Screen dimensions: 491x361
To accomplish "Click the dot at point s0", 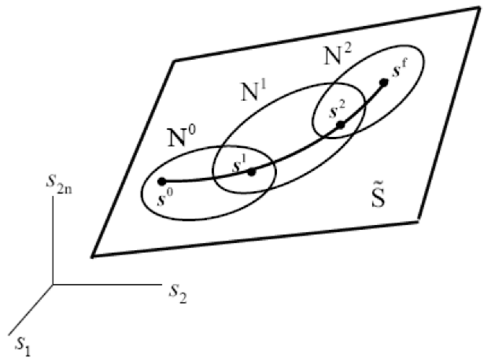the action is point(161,181).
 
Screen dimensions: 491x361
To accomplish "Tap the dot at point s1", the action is point(252,172).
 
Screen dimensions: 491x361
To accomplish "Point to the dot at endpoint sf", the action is point(384,83).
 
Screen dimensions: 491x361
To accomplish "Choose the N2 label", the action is point(337,55).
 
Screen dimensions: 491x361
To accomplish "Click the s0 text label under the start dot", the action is point(164,198).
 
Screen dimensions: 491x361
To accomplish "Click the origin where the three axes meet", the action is point(53,285).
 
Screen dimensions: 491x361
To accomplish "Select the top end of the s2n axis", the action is point(53,197).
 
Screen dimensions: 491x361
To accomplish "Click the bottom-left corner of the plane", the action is point(92,257).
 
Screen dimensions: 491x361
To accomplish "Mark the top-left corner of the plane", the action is point(174,61).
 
